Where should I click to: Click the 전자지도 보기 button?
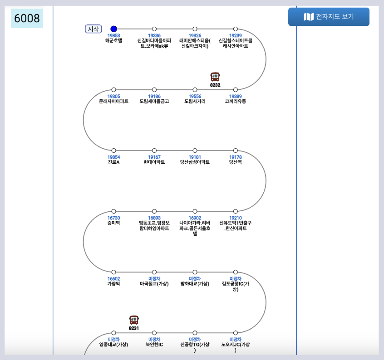pyautogui.click(x=329, y=17)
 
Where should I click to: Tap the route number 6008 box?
pyautogui.click(x=27, y=19)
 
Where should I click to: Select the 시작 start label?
pyautogui.click(x=94, y=29)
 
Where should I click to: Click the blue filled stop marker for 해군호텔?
pyautogui.click(x=113, y=29)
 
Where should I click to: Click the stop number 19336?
pyautogui.click(x=154, y=35)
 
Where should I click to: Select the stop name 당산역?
pyautogui.click(x=235, y=162)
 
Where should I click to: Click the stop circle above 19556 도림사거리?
pyautogui.click(x=195, y=90)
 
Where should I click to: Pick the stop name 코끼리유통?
pyautogui.click(x=235, y=101)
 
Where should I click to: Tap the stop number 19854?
pyautogui.click(x=113, y=157)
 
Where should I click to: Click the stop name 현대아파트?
pyautogui.click(x=154, y=162)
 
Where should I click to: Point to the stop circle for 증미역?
pyautogui.click(x=113, y=211)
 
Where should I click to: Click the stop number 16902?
pyautogui.click(x=195, y=218)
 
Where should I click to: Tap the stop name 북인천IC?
pyautogui.click(x=154, y=344)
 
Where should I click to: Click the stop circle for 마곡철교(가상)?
pyautogui.click(x=154, y=272)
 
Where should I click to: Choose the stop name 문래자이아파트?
pyautogui.click(x=113, y=101)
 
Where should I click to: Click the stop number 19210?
pyautogui.click(x=235, y=218)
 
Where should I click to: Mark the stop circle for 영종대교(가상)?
pyautogui.click(x=113, y=333)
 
